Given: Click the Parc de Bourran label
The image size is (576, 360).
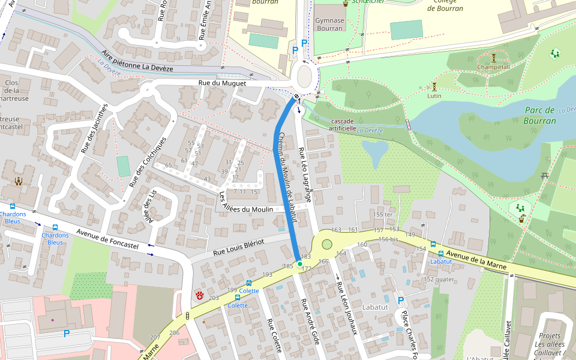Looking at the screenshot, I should [540, 115].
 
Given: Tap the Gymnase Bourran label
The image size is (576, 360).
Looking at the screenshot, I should [329, 24].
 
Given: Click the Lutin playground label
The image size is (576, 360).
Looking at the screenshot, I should [434, 95].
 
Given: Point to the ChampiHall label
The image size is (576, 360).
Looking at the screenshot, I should [493, 67].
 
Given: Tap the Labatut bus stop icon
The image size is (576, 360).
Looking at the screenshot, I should [441, 254].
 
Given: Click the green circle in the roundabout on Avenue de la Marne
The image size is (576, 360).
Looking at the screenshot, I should [327, 244].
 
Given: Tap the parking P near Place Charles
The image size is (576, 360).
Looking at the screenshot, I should [400, 300].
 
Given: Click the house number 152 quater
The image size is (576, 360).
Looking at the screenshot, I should [438, 279].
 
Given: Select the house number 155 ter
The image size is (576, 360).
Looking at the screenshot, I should [383, 214].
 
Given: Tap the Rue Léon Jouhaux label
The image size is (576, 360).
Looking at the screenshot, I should [347, 315].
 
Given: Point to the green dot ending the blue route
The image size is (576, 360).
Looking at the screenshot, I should [300, 263].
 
